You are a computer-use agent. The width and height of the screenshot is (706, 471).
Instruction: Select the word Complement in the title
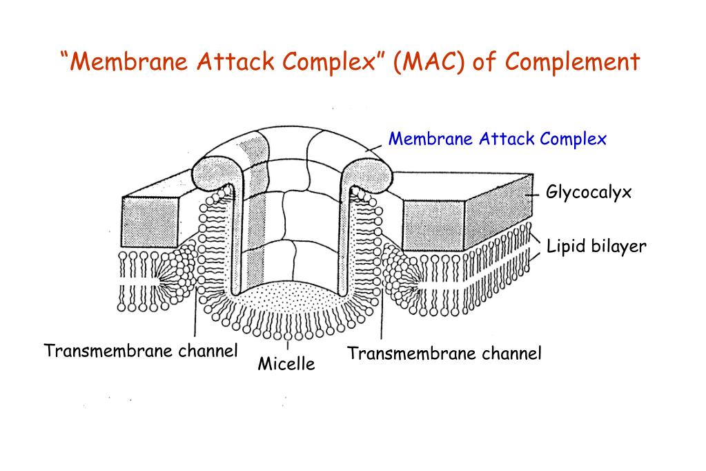[573, 62]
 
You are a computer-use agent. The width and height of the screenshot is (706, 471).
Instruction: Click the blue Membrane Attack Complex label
[497, 139]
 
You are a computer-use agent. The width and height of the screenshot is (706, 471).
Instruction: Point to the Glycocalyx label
[589, 192]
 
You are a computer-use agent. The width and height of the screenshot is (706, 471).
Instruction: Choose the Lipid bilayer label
[596, 246]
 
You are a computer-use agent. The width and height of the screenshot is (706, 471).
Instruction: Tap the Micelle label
[286, 364]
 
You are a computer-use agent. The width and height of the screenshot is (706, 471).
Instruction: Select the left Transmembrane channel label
[141, 351]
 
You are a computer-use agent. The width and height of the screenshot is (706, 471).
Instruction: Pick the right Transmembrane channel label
[444, 354]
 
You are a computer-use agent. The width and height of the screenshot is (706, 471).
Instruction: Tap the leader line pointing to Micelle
[286, 345]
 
